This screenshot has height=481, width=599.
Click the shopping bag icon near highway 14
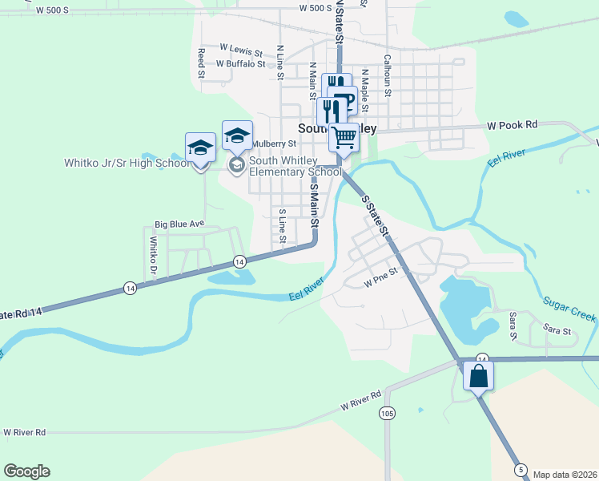pos(478,375)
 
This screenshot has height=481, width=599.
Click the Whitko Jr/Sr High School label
pos(127,164)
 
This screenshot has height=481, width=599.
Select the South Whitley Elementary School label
pos(295,166)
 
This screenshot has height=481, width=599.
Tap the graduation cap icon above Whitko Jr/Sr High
pos(200,148)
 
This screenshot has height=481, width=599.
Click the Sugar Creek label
pos(569,309)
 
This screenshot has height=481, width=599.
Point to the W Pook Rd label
pos(513,126)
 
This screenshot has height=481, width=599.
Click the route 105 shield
pos(387,414)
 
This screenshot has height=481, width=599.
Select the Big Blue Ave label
pos(180,224)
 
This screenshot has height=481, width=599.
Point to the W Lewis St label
pos(241,49)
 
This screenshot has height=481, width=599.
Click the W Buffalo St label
pos(240,63)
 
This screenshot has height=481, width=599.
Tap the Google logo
pos(26,471)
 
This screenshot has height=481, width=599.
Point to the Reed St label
pos(202,63)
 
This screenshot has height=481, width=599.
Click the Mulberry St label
pos(274,144)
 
